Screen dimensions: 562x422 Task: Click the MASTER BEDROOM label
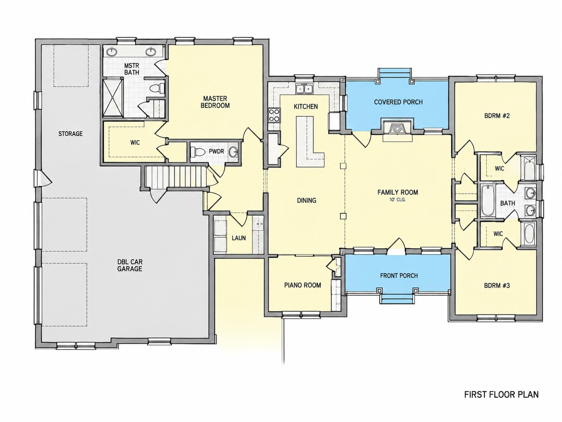coord(215,102)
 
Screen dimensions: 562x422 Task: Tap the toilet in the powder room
coord(198,152)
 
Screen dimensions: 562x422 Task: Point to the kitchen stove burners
coord(274,115)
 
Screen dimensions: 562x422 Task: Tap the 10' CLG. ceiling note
coord(397,200)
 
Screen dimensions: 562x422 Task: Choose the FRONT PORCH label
coord(399,276)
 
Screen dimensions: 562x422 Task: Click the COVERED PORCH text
coord(398,102)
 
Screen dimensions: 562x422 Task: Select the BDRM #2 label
coord(497,116)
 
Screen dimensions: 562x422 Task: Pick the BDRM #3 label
coord(497,286)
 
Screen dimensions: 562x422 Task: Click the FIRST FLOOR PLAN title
coord(501,394)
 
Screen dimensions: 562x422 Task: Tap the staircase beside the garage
coord(176,177)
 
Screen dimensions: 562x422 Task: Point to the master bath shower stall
coord(113,98)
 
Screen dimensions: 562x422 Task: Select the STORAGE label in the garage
coord(70,134)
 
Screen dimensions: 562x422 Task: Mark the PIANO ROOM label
coord(303,285)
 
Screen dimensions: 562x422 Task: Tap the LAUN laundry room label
coord(239,238)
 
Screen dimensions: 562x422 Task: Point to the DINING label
coord(307,201)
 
